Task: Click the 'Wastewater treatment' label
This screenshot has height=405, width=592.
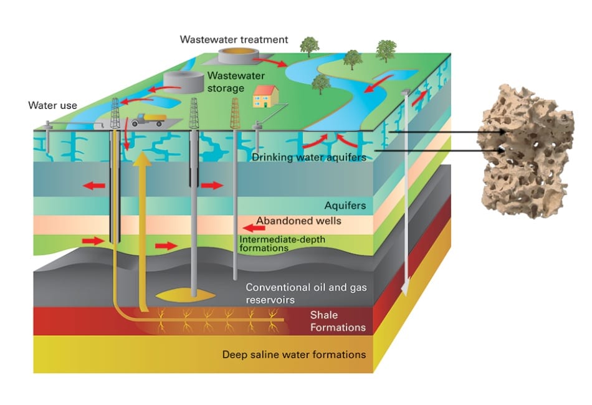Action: pos(234,40)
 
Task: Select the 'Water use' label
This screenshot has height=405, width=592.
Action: pos(52,105)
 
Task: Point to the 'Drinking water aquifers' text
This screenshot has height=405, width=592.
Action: pos(308,157)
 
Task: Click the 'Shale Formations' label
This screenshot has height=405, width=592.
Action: pos(337,321)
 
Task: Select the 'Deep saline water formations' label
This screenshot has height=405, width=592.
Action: pos(294,355)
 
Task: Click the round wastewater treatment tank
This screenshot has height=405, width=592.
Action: pos(240,55)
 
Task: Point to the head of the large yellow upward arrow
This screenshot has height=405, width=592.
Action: pos(143,157)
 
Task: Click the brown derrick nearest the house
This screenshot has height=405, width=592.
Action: pos(235,114)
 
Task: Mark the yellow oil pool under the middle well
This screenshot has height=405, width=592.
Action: pos(188,292)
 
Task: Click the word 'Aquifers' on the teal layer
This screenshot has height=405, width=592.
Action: pos(345,205)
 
